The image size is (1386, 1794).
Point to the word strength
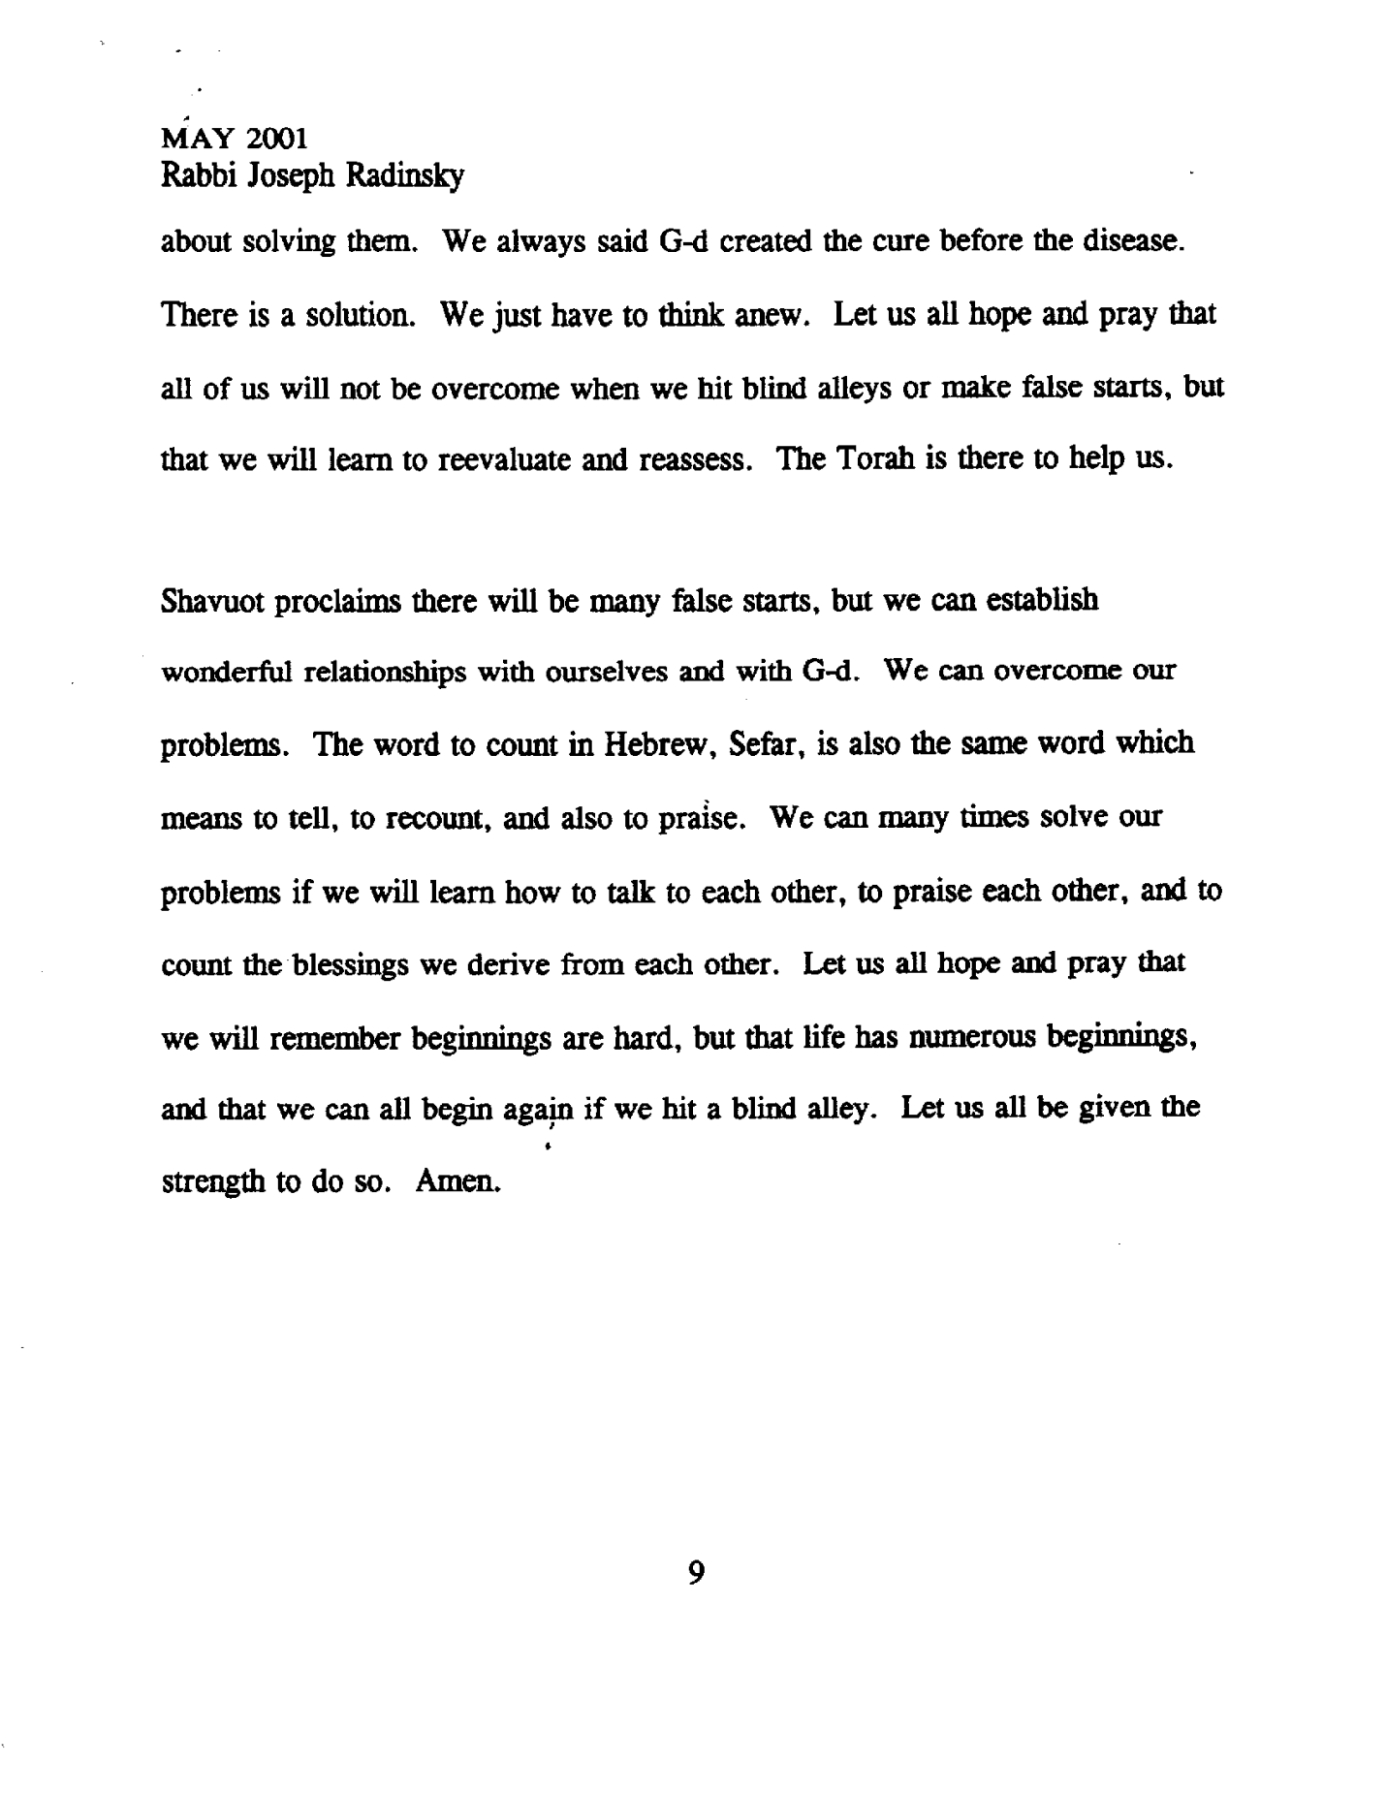point(212,1183)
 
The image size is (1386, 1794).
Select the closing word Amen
point(457,1182)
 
